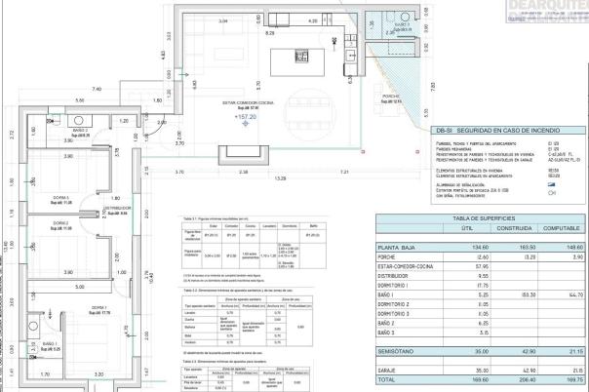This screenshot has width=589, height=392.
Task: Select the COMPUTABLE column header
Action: pyautogui.click(x=559, y=227)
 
